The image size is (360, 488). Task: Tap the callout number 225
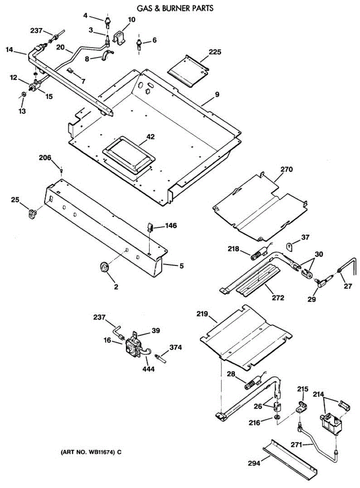click(215, 52)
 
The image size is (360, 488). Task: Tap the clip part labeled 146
click(149, 227)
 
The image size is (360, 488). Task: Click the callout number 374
click(176, 347)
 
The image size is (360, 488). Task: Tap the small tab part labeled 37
click(289, 246)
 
